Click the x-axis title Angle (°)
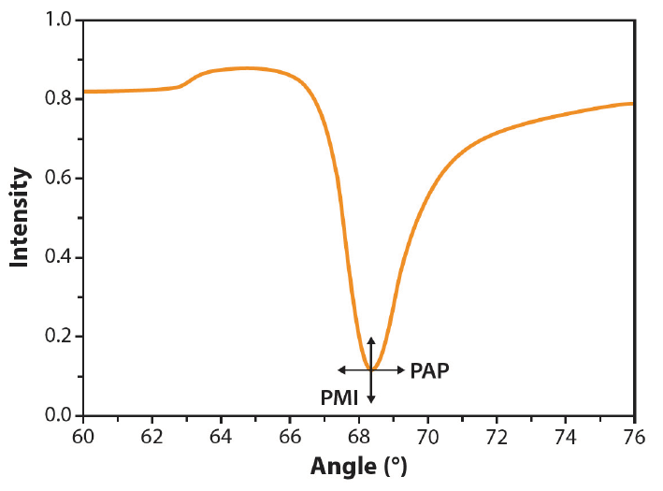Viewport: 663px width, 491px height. click(x=358, y=465)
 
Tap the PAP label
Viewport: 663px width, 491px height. click(x=430, y=370)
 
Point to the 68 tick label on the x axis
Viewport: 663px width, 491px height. click(x=359, y=436)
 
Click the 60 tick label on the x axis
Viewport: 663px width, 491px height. click(x=83, y=436)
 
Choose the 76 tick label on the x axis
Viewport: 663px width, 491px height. click(x=634, y=436)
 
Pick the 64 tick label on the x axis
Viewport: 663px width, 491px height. click(x=222, y=436)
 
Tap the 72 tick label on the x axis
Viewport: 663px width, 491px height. click(x=497, y=436)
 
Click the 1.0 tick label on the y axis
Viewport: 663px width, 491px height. click(x=59, y=20)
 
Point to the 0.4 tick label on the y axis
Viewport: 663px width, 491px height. click(x=59, y=257)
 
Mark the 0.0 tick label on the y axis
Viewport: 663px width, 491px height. click(x=59, y=415)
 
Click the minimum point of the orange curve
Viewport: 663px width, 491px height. click(x=371, y=370)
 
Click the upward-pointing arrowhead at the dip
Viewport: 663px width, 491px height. click(x=371, y=339)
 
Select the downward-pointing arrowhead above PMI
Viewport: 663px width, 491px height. click(x=371, y=400)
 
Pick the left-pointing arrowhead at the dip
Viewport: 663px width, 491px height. click(x=341, y=370)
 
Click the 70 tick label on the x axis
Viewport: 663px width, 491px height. click(x=427, y=436)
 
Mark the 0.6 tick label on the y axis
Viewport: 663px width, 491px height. click(x=59, y=179)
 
